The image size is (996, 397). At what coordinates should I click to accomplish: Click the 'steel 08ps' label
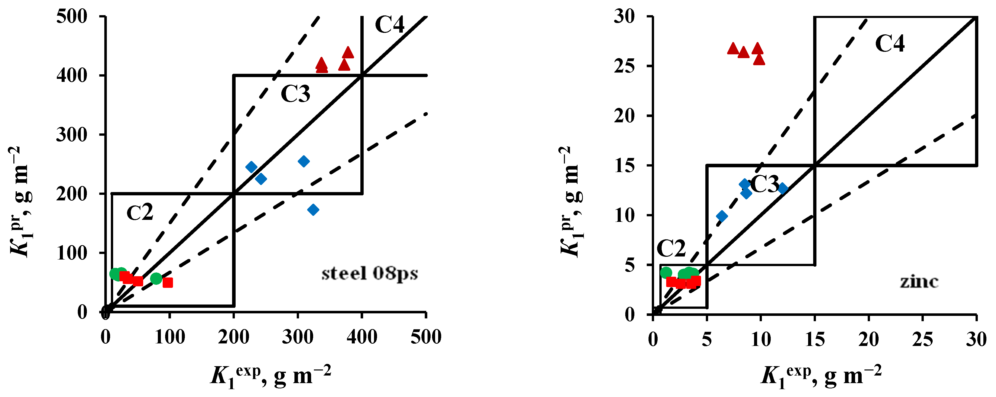point(370,274)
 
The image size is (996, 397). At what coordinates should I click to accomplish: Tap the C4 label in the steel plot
point(389,25)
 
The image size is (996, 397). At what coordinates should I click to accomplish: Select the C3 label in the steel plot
point(295,94)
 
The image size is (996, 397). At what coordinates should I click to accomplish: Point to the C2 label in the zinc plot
point(671,248)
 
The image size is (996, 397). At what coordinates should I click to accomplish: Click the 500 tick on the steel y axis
point(72,17)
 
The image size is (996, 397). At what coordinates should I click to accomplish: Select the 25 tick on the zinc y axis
point(625,66)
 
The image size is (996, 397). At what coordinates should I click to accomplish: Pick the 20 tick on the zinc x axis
point(868,340)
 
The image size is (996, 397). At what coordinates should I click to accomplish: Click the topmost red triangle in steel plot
point(348,53)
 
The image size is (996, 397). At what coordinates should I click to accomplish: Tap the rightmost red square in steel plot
point(167,283)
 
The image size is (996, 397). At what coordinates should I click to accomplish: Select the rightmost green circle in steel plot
point(156,278)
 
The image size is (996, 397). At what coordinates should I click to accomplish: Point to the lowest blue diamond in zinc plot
point(721,216)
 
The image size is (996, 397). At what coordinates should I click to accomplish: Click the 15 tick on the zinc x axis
point(815,340)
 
